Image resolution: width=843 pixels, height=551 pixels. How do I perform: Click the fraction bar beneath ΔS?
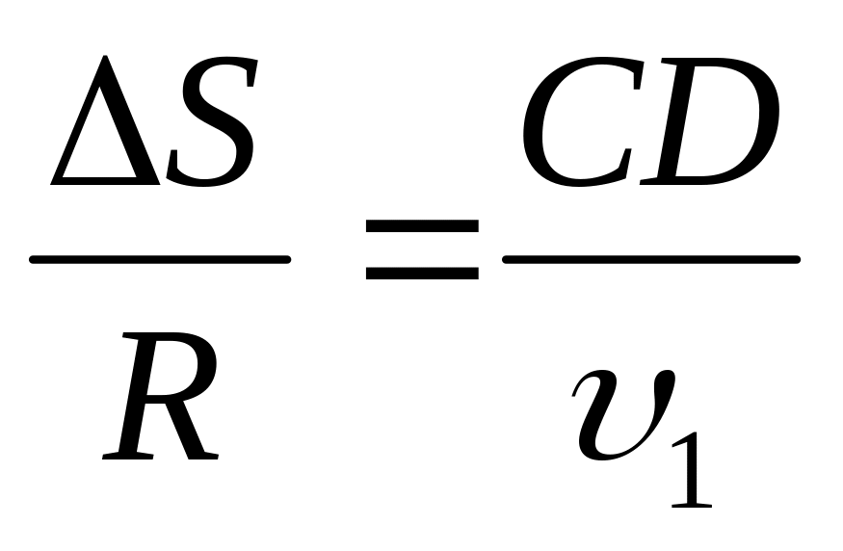pos(160,258)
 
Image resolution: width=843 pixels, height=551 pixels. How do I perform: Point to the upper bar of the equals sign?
pos(422,227)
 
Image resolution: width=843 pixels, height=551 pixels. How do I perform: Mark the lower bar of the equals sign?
pos(422,274)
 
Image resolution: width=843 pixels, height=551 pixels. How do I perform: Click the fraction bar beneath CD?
pos(651,258)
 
